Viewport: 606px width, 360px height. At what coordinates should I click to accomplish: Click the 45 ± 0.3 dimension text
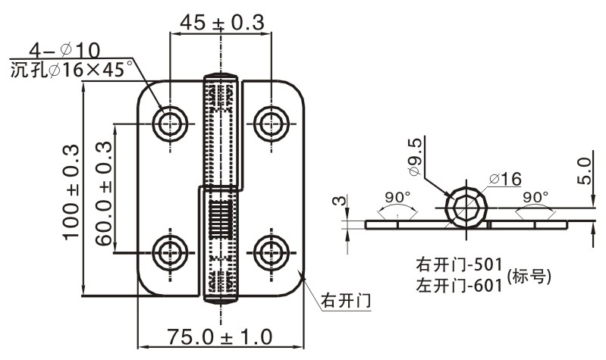click(x=221, y=23)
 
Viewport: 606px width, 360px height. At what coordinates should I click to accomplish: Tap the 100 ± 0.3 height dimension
click(x=72, y=191)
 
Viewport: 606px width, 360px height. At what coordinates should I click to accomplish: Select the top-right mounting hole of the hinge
click(x=271, y=122)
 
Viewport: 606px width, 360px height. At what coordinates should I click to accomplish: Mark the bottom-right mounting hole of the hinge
click(x=271, y=252)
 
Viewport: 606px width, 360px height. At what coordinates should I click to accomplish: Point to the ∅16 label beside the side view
click(x=505, y=179)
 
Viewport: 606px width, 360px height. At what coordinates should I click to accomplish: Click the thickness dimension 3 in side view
click(x=339, y=202)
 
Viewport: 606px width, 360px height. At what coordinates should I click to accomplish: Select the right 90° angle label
click(x=535, y=197)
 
